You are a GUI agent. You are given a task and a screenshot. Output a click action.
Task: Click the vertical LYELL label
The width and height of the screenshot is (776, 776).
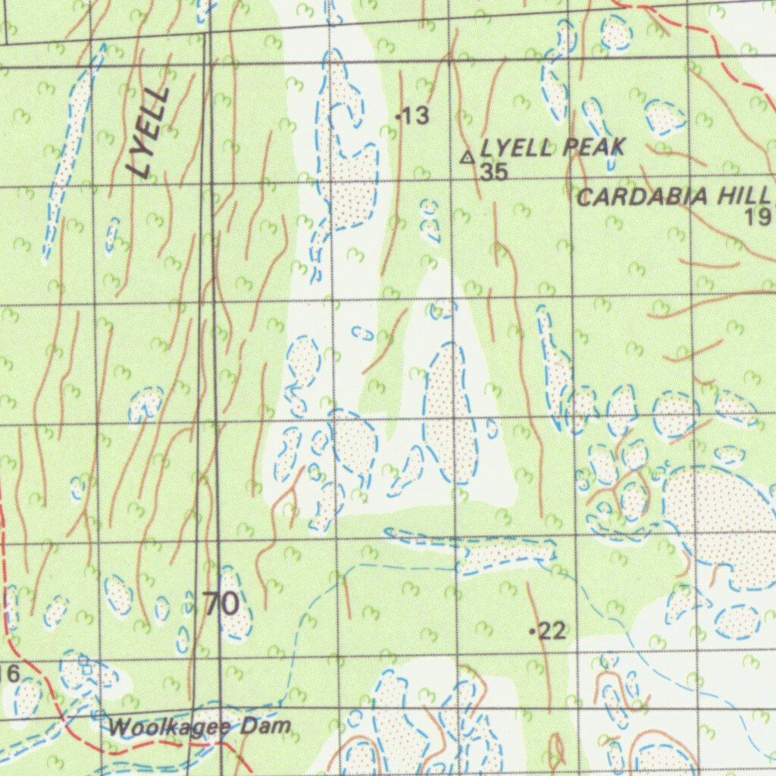[149, 132]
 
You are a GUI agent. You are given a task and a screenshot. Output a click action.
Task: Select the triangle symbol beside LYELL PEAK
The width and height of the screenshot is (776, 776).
[468, 158]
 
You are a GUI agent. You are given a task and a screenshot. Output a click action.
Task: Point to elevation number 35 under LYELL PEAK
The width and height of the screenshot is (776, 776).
[493, 172]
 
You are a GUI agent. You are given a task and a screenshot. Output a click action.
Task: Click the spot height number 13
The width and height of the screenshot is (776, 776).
[416, 116]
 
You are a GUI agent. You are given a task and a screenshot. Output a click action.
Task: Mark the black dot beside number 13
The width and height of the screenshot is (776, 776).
[399, 116]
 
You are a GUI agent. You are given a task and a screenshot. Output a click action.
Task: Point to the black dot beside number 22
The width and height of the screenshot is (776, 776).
[533, 630]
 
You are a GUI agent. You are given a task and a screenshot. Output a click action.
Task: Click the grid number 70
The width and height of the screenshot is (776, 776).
[221, 604]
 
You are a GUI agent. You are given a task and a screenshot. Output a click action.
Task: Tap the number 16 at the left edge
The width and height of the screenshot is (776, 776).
[9, 672]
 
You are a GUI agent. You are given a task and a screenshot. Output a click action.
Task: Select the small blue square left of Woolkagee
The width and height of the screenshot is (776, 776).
[99, 713]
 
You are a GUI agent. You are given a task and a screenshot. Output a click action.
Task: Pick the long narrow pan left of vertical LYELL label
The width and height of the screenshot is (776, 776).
[68, 152]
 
